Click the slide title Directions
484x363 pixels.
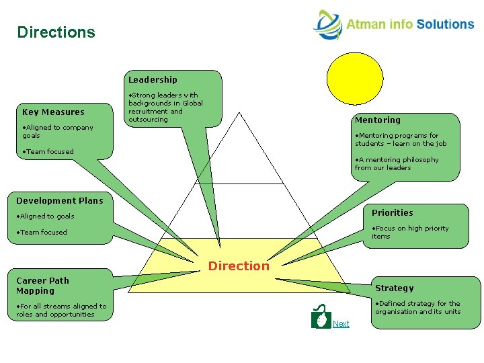pyautogui.click(x=56, y=32)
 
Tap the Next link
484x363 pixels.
pyautogui.click(x=341, y=324)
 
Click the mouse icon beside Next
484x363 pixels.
pyautogui.click(x=321, y=317)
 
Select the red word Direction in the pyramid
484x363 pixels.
pyautogui.click(x=238, y=266)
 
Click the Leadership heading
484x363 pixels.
pyautogui.click(x=153, y=80)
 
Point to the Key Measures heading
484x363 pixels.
pyautogui.click(x=54, y=112)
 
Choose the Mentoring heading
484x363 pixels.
pyautogui.click(x=377, y=120)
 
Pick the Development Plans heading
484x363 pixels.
pyautogui.click(x=60, y=200)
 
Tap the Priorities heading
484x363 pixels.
pyautogui.click(x=393, y=213)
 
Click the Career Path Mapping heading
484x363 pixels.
pyautogui.click(x=42, y=286)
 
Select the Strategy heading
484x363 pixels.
pyautogui.click(x=395, y=288)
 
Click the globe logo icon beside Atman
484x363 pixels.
pyautogui.click(x=327, y=25)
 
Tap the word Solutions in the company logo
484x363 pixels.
pyautogui.click(x=445, y=24)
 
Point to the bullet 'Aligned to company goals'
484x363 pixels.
pyautogui.click(x=57, y=131)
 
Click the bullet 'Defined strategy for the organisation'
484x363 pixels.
pyautogui.click(x=417, y=307)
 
